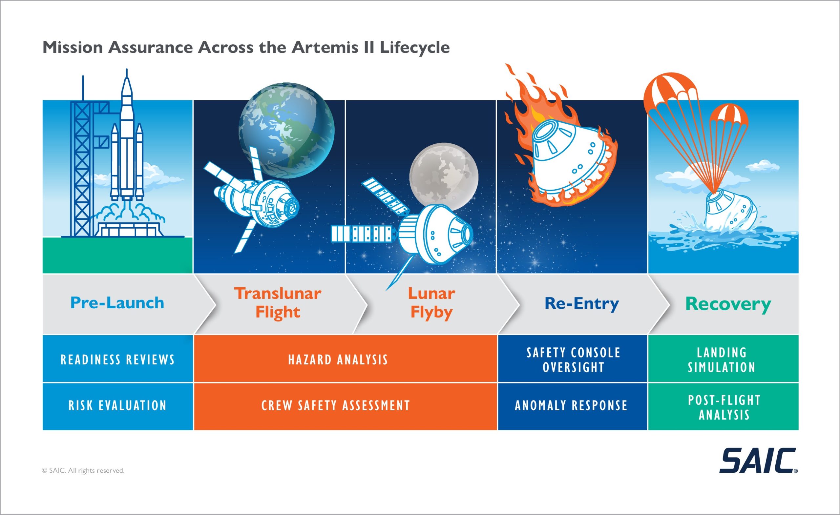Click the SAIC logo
(758, 461)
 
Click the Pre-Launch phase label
(117, 303)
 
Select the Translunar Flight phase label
(278, 303)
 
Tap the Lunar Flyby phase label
(431, 303)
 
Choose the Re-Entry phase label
(581, 303)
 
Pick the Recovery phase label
(728, 304)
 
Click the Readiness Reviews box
(117, 358)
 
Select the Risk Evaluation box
(117, 406)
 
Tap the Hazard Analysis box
(345, 358)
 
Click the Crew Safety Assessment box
(345, 406)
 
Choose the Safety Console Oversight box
(572, 358)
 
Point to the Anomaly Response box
(572, 406)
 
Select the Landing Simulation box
(723, 358)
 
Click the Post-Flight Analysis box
(723, 406)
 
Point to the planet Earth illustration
(286, 130)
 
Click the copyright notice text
(83, 471)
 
